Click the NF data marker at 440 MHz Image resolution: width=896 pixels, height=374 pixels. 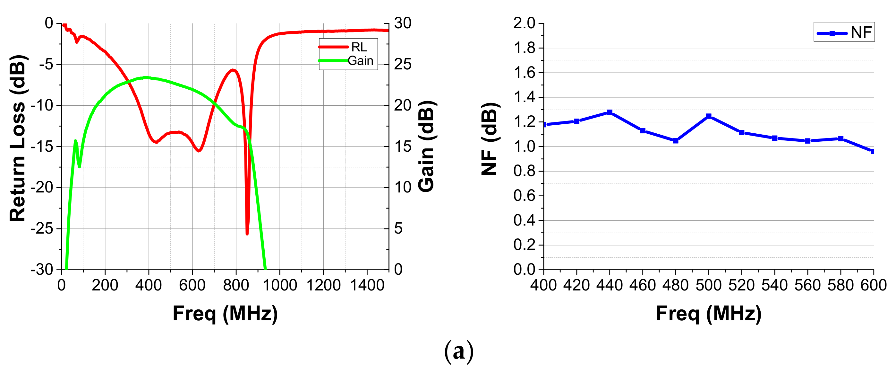(x=610, y=112)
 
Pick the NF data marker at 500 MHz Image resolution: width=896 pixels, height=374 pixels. (x=709, y=116)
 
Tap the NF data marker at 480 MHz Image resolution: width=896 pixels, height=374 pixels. (x=676, y=141)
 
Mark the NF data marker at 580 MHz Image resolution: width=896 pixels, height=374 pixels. (x=841, y=138)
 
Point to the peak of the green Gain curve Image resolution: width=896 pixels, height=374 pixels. (x=145, y=77)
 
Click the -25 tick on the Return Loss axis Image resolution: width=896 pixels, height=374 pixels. (x=42, y=229)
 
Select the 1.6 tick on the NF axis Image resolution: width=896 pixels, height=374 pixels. (x=524, y=73)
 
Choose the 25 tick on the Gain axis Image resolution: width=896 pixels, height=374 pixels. (x=403, y=65)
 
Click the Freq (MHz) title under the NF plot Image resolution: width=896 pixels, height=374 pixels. (x=709, y=313)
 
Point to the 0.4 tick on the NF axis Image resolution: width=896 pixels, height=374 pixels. (x=524, y=220)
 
